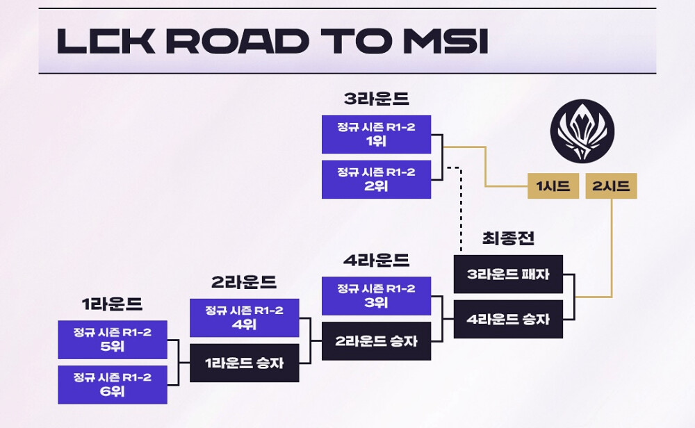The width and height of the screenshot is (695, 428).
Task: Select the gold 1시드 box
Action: point(553,186)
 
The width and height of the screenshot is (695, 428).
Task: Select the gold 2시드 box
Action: point(611,186)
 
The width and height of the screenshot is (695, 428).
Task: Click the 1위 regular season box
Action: point(376,134)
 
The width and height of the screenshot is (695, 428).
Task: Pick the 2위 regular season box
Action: point(376,179)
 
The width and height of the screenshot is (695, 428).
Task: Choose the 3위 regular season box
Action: point(376,295)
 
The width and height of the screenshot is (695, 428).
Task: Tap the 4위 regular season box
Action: point(245,318)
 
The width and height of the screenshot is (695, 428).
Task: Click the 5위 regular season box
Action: point(113,339)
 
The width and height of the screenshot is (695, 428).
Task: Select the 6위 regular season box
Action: point(113,384)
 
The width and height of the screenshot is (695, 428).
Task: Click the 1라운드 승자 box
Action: point(245,363)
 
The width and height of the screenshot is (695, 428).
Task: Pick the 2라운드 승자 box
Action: point(376,340)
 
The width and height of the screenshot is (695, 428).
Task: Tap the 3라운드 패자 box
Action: point(508,274)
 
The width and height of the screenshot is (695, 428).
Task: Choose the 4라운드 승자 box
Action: point(508,320)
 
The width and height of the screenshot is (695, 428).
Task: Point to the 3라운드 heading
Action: point(376,99)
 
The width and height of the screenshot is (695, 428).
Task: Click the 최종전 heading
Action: point(508,238)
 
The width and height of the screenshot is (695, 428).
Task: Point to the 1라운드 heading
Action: point(113,304)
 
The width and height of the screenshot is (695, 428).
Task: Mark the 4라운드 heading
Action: point(376,261)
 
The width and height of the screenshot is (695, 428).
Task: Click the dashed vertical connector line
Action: point(460,208)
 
